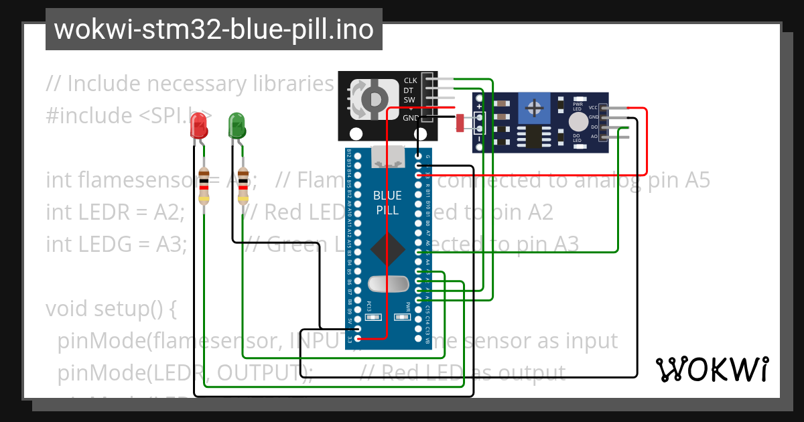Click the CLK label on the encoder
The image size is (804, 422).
pos(410,81)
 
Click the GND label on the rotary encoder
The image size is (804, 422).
pos(410,118)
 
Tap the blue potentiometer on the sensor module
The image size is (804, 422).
pos(534,108)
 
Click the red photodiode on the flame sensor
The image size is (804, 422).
pos(460,123)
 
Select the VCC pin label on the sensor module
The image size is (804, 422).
pos(593,108)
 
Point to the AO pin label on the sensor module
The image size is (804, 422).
pos(594,137)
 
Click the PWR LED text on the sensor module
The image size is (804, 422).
pos(578,107)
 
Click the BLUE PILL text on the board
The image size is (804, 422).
pos(387,203)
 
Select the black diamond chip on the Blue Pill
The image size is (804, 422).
pos(387,249)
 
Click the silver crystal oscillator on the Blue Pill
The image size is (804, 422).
pos(388,284)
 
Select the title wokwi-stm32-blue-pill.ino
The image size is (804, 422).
pos(214,29)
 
